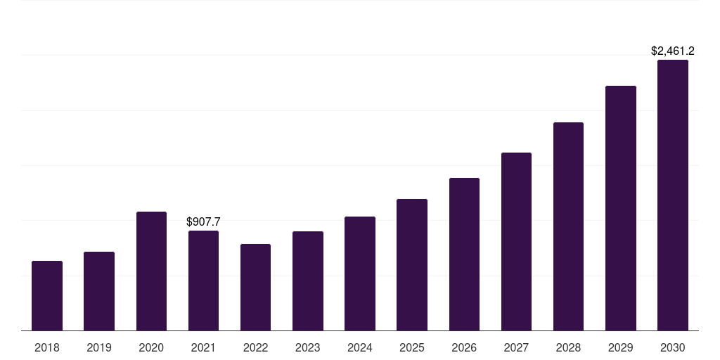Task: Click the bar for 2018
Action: (47, 295)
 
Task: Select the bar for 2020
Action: (151, 271)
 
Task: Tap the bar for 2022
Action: (255, 287)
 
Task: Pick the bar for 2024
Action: (360, 274)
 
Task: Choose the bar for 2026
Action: (464, 254)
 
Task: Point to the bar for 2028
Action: (568, 226)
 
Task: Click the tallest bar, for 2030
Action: (673, 195)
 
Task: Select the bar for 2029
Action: (621, 208)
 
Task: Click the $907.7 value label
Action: (203, 221)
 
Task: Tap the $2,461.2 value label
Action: (673, 51)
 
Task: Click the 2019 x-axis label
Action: (99, 347)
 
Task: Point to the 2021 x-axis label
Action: (203, 347)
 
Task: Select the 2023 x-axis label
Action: (308, 347)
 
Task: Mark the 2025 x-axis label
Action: (412, 347)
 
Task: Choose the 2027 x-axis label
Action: (516, 347)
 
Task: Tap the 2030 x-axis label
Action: (673, 347)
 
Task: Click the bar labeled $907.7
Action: (203, 281)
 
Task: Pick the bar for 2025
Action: (412, 264)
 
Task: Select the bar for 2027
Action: (516, 241)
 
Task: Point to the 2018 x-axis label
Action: (47, 347)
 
